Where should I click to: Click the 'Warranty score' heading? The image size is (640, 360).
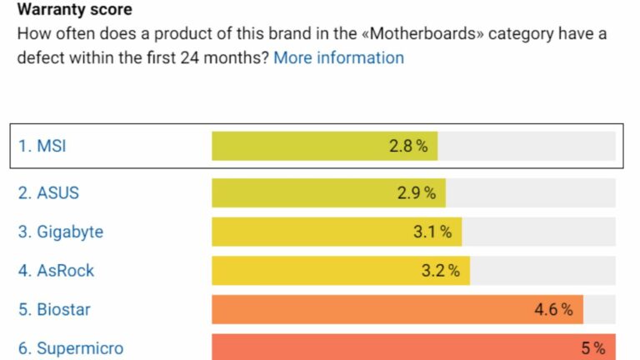(x=74, y=11)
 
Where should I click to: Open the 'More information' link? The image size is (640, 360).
(x=338, y=57)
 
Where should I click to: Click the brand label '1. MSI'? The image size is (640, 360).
(x=42, y=146)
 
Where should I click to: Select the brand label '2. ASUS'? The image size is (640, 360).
(x=48, y=192)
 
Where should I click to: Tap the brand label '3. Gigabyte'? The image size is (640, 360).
(x=61, y=232)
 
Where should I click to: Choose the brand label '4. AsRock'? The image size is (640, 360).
(x=56, y=271)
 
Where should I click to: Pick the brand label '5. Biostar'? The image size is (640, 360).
(x=54, y=310)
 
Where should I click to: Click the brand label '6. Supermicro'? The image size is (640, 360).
(x=71, y=348)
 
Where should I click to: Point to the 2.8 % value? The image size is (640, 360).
(x=408, y=147)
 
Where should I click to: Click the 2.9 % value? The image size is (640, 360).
(x=417, y=193)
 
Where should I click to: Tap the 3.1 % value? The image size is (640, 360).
(x=432, y=232)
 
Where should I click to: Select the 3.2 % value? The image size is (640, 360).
(x=441, y=271)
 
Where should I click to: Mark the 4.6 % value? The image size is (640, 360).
(x=553, y=310)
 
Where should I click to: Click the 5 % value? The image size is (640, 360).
(x=593, y=348)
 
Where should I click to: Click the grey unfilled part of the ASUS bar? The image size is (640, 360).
(x=531, y=192)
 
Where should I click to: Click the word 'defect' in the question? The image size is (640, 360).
(x=43, y=57)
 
